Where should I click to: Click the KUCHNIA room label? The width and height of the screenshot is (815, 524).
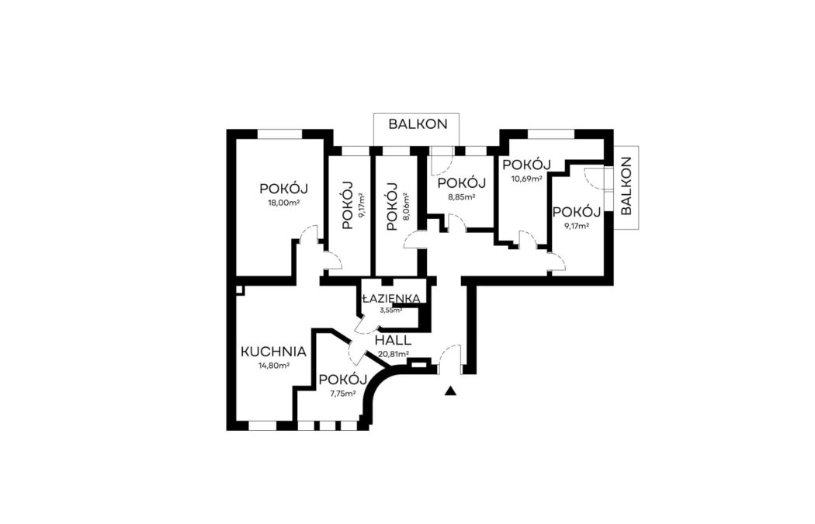pos(273,352)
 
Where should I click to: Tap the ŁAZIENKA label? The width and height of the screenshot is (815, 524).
pos(391,299)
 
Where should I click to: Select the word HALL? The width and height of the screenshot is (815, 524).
pos(393,341)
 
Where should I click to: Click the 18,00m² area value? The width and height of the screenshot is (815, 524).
pos(283,203)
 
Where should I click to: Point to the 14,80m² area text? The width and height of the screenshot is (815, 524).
pos(274,366)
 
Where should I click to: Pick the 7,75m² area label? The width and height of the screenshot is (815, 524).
pos(343,394)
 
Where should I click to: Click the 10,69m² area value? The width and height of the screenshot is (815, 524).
pos(527,179)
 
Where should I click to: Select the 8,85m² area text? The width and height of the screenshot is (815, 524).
pos(462,197)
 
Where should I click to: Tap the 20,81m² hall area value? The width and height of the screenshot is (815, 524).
pos(394,355)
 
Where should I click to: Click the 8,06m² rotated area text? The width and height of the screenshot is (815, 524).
pos(406,206)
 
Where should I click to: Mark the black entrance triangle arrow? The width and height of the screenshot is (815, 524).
pos(451,391)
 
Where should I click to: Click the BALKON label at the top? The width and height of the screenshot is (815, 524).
pos(418,124)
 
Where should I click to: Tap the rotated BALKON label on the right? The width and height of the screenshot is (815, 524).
pos(626,186)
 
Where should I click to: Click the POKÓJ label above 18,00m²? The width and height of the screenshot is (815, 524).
pos(284,189)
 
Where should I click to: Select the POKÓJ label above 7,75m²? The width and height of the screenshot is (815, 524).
pos(343,380)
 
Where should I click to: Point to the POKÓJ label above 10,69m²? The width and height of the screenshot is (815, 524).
pos(526,165)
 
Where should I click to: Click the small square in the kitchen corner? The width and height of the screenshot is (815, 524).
pos(240,290)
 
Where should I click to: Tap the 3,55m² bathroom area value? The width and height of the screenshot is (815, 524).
pos(391,311)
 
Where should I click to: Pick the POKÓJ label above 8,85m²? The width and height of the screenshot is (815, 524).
pos(462,183)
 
